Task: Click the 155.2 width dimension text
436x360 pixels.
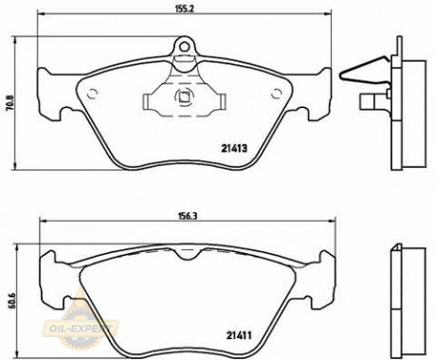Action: (x=185, y=10)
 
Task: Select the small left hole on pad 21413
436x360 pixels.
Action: (x=94, y=92)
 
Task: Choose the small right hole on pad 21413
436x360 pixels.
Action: (x=277, y=92)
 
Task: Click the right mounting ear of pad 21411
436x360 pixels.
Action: (x=327, y=275)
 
